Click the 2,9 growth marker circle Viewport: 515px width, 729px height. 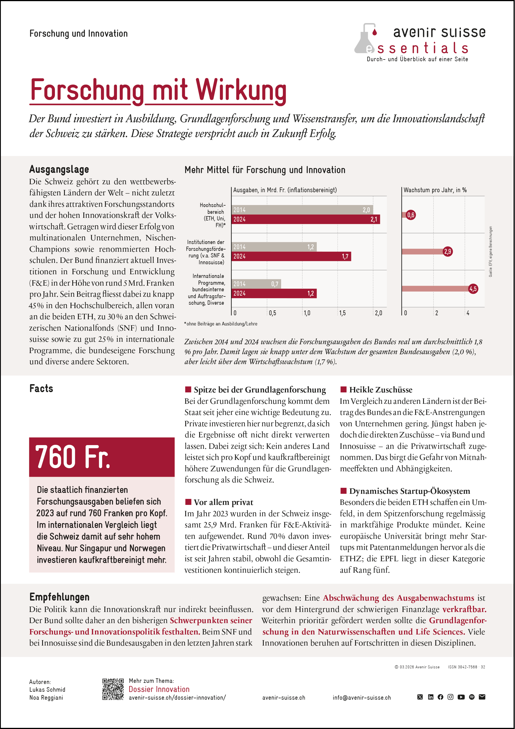pos(447,251)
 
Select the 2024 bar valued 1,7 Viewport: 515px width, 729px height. pos(291,256)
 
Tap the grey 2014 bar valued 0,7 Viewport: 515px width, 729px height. pos(256,284)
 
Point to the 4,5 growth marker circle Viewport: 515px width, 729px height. pos(473,289)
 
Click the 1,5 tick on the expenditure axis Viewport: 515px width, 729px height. pos(342,313)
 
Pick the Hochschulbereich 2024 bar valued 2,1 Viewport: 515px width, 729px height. pos(306,219)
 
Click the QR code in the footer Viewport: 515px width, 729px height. pos(113,689)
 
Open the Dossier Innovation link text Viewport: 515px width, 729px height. pos(159,689)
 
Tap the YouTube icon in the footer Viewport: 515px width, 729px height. pos(461,697)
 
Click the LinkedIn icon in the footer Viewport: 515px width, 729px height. pos(430,697)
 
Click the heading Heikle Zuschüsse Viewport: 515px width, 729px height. pos(380,390)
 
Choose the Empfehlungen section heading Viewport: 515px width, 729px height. pos(59,597)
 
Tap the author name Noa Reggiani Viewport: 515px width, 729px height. pos(46,698)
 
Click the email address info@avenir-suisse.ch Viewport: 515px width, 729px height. pos(362,698)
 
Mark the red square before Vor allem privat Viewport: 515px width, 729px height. pos(188,502)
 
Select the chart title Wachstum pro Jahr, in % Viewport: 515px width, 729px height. pos(435,190)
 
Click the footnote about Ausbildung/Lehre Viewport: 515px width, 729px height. pos(221,324)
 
